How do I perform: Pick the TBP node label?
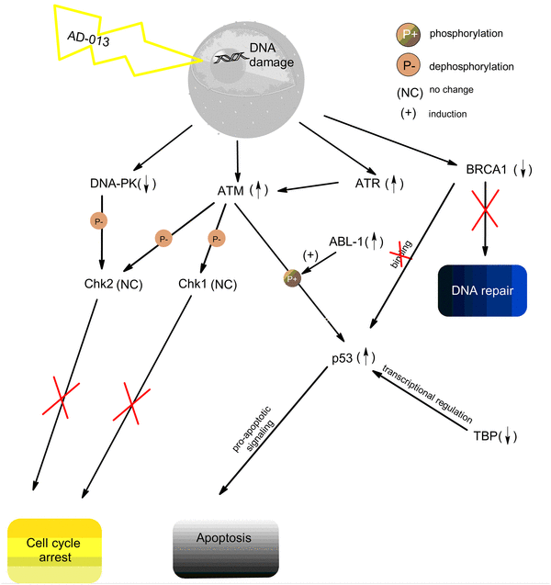tap(494, 435)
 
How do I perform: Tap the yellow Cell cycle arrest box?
tap(54, 548)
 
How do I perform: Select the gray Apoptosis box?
tap(225, 549)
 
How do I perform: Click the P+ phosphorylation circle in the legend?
tap(409, 36)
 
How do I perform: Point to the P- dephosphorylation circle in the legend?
tap(409, 67)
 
